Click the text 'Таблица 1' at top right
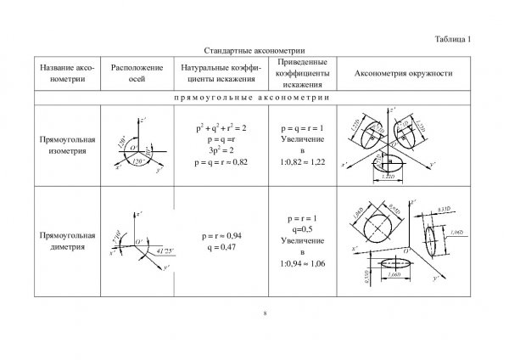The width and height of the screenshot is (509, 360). pos(458,39)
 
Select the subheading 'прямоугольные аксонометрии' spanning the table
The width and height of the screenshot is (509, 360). pos(255,97)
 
